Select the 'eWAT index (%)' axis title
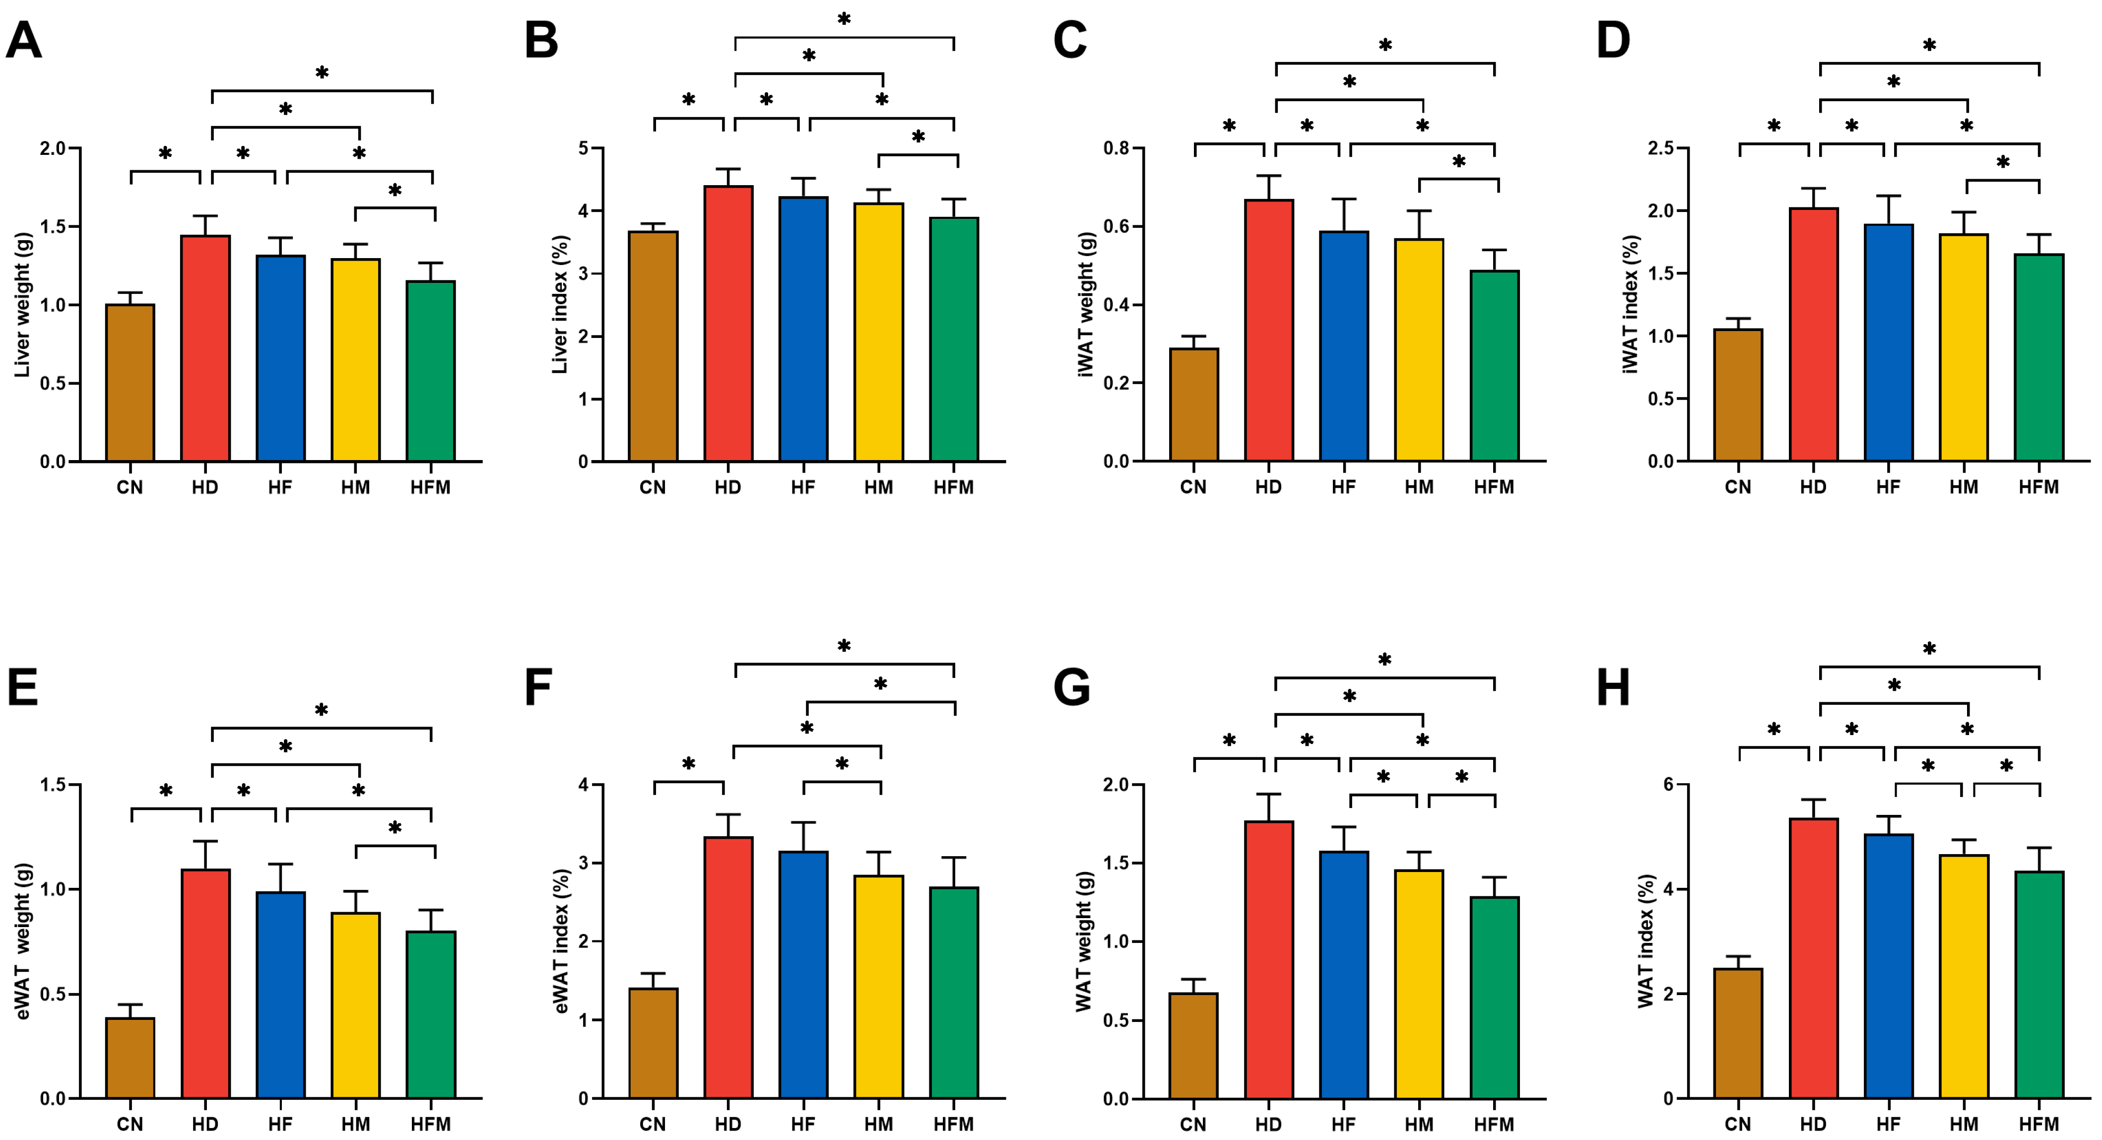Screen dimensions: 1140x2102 tap(561, 941)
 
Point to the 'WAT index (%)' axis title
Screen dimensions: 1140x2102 tap(1646, 941)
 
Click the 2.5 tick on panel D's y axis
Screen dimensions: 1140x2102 tap(1683, 148)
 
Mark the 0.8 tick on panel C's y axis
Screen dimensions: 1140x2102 tap(1117, 148)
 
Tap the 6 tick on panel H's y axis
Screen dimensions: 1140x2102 tap(1691, 785)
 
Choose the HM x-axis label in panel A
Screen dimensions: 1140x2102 tap(355, 487)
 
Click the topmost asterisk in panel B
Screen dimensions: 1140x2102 tap(844, 19)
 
